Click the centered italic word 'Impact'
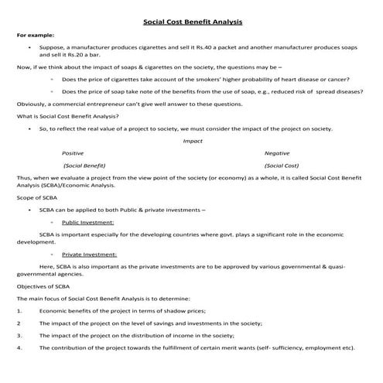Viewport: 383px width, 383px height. pyautogui.click(x=192, y=141)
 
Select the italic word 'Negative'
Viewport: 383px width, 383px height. pyautogui.click(x=277, y=153)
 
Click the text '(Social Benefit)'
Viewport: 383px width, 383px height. pyautogui.click(x=84, y=166)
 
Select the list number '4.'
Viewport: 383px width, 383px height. pyautogui.click(x=19, y=348)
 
